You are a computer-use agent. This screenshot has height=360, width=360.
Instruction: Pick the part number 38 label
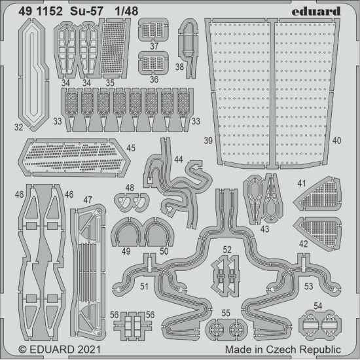click(180, 67)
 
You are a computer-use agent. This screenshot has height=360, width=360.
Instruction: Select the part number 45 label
click(132, 148)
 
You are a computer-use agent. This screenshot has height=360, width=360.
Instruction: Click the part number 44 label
click(178, 160)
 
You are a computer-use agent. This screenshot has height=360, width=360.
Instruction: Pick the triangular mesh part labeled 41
click(319, 192)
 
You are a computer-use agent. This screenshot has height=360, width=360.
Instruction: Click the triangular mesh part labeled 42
click(317, 228)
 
